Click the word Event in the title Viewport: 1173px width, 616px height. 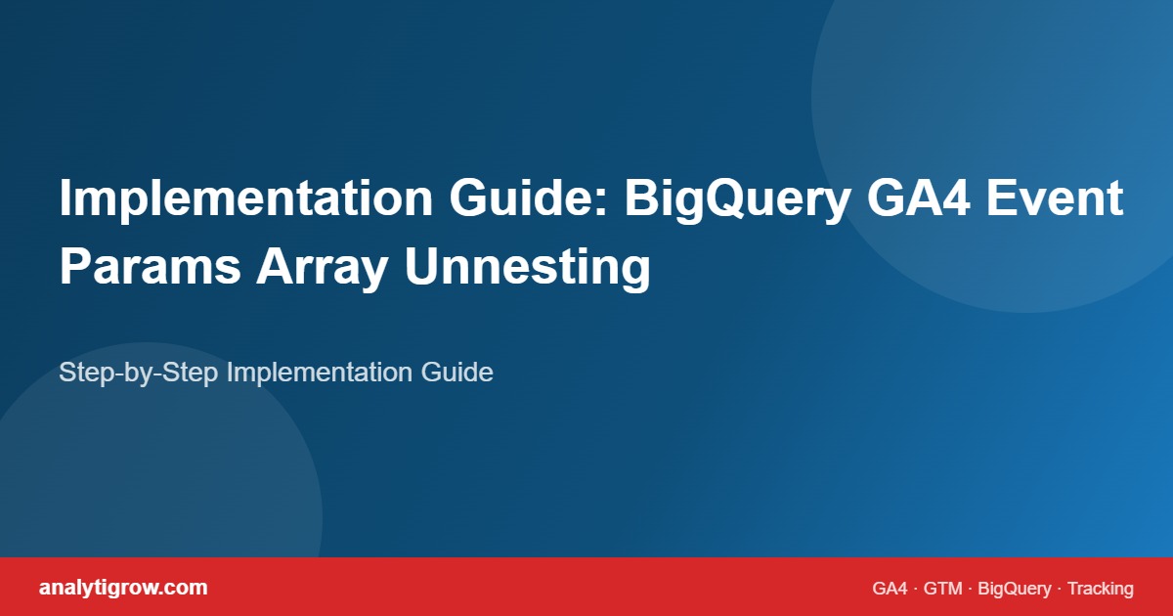pyautogui.click(x=1056, y=199)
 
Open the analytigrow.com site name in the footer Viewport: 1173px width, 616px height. pyautogui.click(x=123, y=588)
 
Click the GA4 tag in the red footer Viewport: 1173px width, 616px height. pyautogui.click(x=890, y=589)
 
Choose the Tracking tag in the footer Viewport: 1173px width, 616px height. pyautogui.click(x=1100, y=589)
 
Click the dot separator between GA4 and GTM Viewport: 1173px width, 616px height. pyautogui.click(x=916, y=589)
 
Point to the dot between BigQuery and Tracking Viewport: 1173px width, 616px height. pyautogui.click(x=1060, y=589)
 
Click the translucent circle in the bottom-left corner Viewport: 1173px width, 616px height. pyautogui.click(x=147, y=469)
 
